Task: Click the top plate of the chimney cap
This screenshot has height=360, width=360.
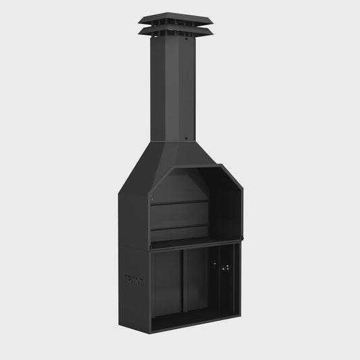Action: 176,18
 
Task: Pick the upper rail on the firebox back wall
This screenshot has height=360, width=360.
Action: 179,202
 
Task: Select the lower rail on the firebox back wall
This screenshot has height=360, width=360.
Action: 179,228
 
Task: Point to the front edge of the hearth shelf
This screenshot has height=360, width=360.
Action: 196,245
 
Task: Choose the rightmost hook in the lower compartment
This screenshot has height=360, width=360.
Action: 228,267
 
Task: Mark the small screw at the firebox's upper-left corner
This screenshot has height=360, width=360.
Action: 153,200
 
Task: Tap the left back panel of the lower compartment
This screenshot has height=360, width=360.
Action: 168,284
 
